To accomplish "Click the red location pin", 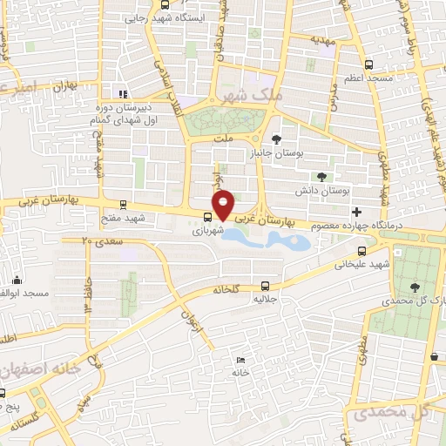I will [x=224, y=204].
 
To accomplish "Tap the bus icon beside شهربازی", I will [x=207, y=218].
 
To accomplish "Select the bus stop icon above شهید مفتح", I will [x=123, y=206].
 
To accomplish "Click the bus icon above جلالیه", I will [x=265, y=284].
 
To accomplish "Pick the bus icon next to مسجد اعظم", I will [x=369, y=64].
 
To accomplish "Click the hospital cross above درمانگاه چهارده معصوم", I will [x=355, y=212].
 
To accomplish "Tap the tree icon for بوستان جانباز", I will [x=277, y=139].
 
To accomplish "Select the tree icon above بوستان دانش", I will [x=321, y=176].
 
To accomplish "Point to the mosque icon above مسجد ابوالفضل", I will [x=17, y=280].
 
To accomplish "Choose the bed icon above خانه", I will [x=240, y=360].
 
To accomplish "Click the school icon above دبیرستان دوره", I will [x=123, y=94].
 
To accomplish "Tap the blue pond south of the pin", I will [x=287, y=239].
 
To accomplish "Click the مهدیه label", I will [x=324, y=40].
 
